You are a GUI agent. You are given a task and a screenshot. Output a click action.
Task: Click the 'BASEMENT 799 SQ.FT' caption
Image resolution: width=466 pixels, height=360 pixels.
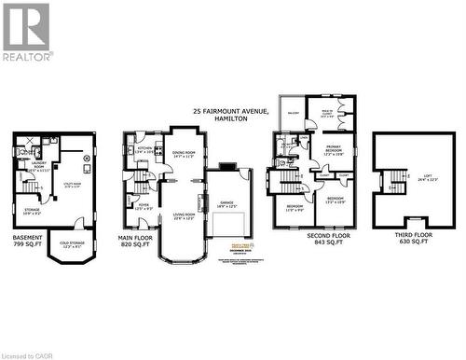[x=27, y=241]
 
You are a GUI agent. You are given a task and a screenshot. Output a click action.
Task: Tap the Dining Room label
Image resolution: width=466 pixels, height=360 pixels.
[x=184, y=155]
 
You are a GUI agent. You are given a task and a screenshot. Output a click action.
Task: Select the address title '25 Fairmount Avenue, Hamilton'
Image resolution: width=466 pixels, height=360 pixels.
[x=230, y=115]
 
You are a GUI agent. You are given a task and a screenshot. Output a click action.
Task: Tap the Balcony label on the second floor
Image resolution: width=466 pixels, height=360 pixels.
[x=295, y=113]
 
